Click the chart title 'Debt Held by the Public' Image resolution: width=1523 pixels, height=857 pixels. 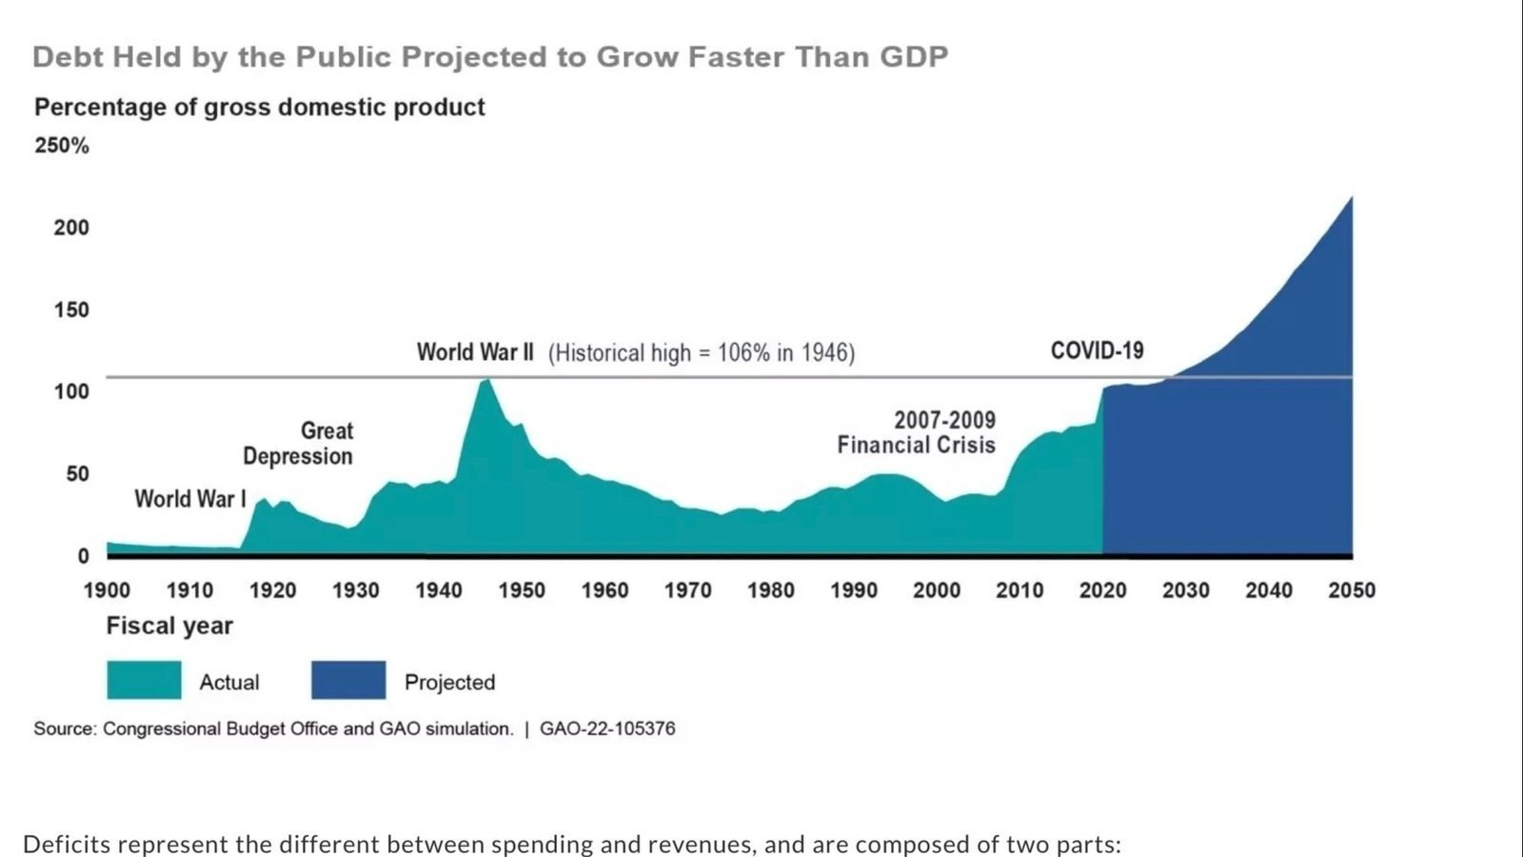(x=490, y=57)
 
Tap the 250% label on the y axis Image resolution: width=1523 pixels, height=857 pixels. (x=62, y=146)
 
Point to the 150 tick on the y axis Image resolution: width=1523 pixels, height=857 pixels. (x=71, y=309)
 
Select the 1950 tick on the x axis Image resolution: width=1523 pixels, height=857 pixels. (x=522, y=590)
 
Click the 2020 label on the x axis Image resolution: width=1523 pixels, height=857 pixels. (x=1102, y=590)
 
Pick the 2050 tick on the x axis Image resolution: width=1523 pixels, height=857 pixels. (x=1352, y=590)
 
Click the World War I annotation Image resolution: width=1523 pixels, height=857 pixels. (x=190, y=499)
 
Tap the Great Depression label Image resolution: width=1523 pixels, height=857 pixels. (x=299, y=444)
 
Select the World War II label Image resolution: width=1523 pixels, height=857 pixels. (x=475, y=352)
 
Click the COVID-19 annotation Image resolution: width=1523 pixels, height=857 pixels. (x=1097, y=350)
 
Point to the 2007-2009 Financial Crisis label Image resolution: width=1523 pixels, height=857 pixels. (x=917, y=432)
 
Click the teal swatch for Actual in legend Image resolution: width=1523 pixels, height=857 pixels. (x=144, y=680)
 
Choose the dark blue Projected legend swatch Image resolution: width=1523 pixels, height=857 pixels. (x=348, y=680)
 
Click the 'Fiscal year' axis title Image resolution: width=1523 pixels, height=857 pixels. (x=169, y=626)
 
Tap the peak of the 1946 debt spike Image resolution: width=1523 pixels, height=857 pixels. (x=486, y=380)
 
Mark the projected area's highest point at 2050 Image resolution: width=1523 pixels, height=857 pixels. (x=1350, y=199)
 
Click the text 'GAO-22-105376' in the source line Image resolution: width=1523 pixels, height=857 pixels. (x=607, y=728)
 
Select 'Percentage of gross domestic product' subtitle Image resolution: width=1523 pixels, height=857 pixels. (x=259, y=107)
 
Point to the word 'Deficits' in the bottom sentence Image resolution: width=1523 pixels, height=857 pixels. (x=67, y=844)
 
